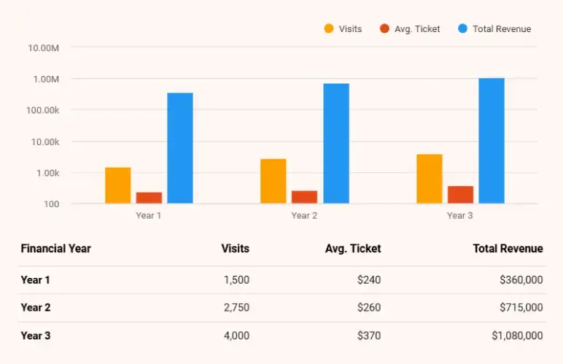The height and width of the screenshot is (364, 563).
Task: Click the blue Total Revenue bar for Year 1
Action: [x=180, y=148]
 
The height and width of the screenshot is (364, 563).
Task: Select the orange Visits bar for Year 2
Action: [x=273, y=181]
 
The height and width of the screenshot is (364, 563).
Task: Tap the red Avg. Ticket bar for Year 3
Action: [x=460, y=195]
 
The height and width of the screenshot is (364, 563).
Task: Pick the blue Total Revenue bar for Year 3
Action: [x=492, y=141]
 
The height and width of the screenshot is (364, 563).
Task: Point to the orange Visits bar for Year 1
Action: [x=117, y=185]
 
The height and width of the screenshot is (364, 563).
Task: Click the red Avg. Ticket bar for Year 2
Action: [x=304, y=197]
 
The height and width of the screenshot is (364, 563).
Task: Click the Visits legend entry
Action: [x=343, y=29]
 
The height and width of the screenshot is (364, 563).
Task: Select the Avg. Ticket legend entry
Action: [x=410, y=29]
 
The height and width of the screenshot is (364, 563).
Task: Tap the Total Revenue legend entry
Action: [x=494, y=29]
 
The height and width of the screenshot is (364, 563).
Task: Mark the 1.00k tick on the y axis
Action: [x=45, y=173]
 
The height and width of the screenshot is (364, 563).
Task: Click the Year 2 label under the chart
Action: [x=304, y=216]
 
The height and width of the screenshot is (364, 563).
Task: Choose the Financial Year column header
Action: [x=56, y=249]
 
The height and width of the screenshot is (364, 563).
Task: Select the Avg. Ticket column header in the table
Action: [x=353, y=249]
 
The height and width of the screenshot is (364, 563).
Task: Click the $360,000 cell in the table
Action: [x=521, y=279]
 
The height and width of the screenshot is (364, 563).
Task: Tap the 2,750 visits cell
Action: [x=236, y=308]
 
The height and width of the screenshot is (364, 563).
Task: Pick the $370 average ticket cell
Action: [x=369, y=336]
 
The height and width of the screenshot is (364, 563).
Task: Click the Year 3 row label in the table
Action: [x=36, y=336]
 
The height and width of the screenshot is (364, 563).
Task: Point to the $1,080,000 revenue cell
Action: [x=517, y=336]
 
